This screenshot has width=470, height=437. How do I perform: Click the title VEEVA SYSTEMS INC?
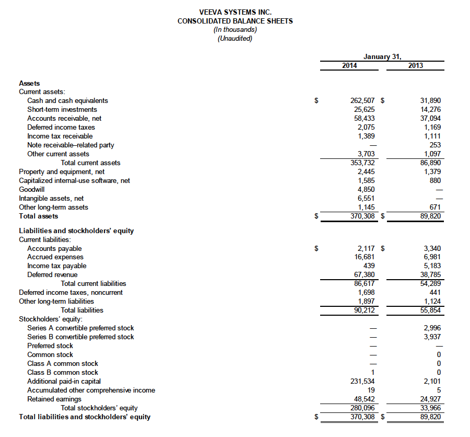pyautogui.click(x=235, y=12)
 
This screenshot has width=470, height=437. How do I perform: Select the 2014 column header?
pyautogui.click(x=349, y=65)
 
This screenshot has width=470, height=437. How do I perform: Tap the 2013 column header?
pyautogui.click(x=416, y=65)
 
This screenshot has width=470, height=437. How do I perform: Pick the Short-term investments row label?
pyautogui.click(x=62, y=109)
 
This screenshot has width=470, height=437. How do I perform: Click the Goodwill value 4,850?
pyautogui.click(x=365, y=189)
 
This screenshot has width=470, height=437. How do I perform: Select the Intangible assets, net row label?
pyautogui.click(x=51, y=198)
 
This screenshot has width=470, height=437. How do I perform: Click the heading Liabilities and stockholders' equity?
pyautogui.click(x=76, y=231)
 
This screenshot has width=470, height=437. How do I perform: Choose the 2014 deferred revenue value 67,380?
pyautogui.click(x=363, y=274)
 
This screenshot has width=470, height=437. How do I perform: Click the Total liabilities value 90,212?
pyautogui.click(x=363, y=310)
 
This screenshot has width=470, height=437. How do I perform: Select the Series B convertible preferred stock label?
pyautogui.click(x=80, y=337)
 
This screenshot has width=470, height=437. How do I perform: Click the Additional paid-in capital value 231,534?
pyautogui.click(x=361, y=381)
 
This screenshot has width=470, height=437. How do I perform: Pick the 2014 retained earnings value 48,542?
pyautogui.click(x=363, y=399)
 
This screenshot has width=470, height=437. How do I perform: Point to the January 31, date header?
pyautogui.click(x=382, y=56)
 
